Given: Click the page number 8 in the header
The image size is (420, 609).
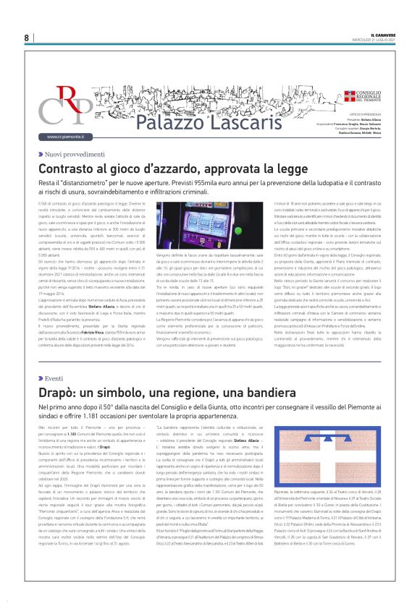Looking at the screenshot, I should (26, 38).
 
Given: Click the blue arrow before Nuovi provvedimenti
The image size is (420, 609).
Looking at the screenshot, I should (41, 154).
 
